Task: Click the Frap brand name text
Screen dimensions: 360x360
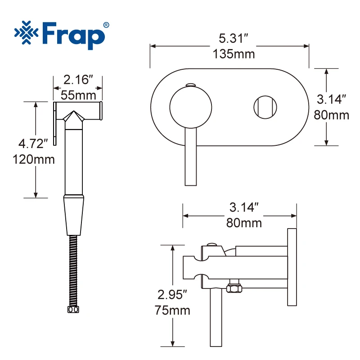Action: [x=73, y=36]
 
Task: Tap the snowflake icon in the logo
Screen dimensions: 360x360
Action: [x=26, y=32]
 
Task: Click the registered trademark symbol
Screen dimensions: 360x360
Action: [x=106, y=25]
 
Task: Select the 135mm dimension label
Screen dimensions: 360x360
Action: [x=234, y=54]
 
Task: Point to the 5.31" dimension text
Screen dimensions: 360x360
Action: [x=233, y=38]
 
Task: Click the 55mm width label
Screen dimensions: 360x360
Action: [x=78, y=95]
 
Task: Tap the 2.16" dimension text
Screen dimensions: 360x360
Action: [x=78, y=80]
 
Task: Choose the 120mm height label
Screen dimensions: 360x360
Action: [x=34, y=159]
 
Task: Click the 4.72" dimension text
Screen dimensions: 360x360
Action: [x=33, y=144]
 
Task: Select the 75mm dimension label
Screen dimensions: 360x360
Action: [x=172, y=310]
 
